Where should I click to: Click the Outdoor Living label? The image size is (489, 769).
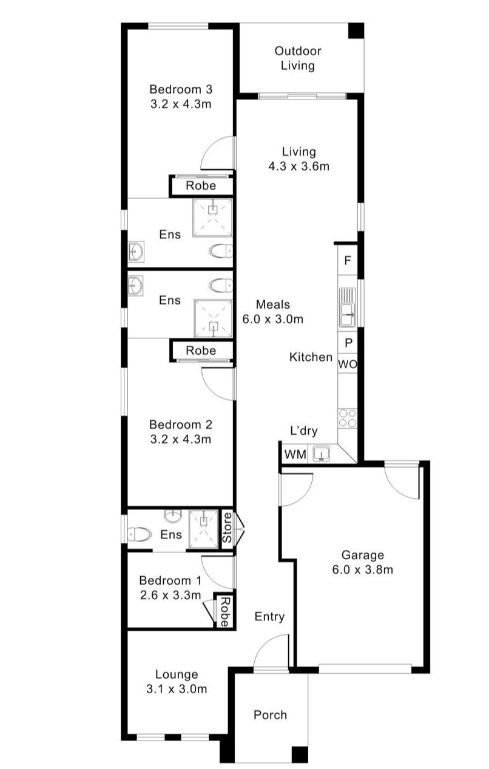tap(297, 59)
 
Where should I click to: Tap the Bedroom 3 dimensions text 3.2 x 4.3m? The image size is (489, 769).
tap(180, 104)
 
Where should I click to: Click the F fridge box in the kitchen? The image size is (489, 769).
tap(348, 261)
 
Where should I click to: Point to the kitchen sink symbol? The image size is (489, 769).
tap(348, 308)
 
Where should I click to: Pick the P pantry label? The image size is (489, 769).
tap(348, 343)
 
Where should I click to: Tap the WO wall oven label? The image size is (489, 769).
tap(347, 364)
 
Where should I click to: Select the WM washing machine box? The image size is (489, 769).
tap(295, 454)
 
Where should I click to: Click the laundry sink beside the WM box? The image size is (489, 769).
tap(320, 453)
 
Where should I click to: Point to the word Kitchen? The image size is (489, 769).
tap(311, 357)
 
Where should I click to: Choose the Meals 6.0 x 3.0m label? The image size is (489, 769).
tap(280, 312)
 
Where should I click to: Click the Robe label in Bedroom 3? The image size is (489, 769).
tap(200, 186)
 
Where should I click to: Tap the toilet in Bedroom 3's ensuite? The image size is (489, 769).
tap(220, 250)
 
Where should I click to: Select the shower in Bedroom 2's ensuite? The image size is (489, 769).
tap(213, 318)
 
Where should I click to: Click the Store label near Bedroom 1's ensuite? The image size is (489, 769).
tap(228, 528)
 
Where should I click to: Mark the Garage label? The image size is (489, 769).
tap(362, 562)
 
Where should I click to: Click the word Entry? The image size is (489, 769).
tap(269, 617)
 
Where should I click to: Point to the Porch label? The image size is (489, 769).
tap(270, 715)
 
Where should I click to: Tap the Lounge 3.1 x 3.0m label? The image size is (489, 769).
tap(177, 681)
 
